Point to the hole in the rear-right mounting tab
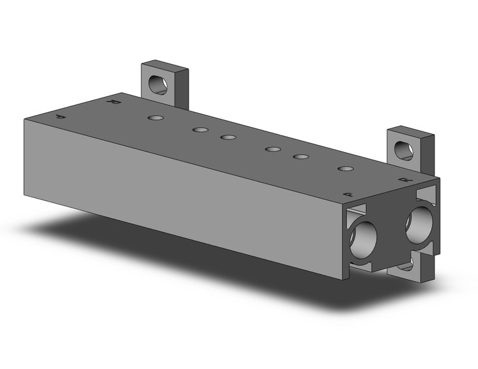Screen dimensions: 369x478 coord(403,150)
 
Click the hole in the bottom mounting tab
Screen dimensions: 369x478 coord(406,265)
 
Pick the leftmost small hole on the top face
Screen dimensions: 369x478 coord(155,118)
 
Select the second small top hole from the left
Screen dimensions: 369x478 coord(200,130)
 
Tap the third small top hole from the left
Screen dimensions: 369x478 coord(228,137)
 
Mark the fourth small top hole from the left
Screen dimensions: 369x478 coord(272,150)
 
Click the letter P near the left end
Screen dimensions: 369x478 coord(60,117)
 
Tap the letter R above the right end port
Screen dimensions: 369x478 coord(403,180)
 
